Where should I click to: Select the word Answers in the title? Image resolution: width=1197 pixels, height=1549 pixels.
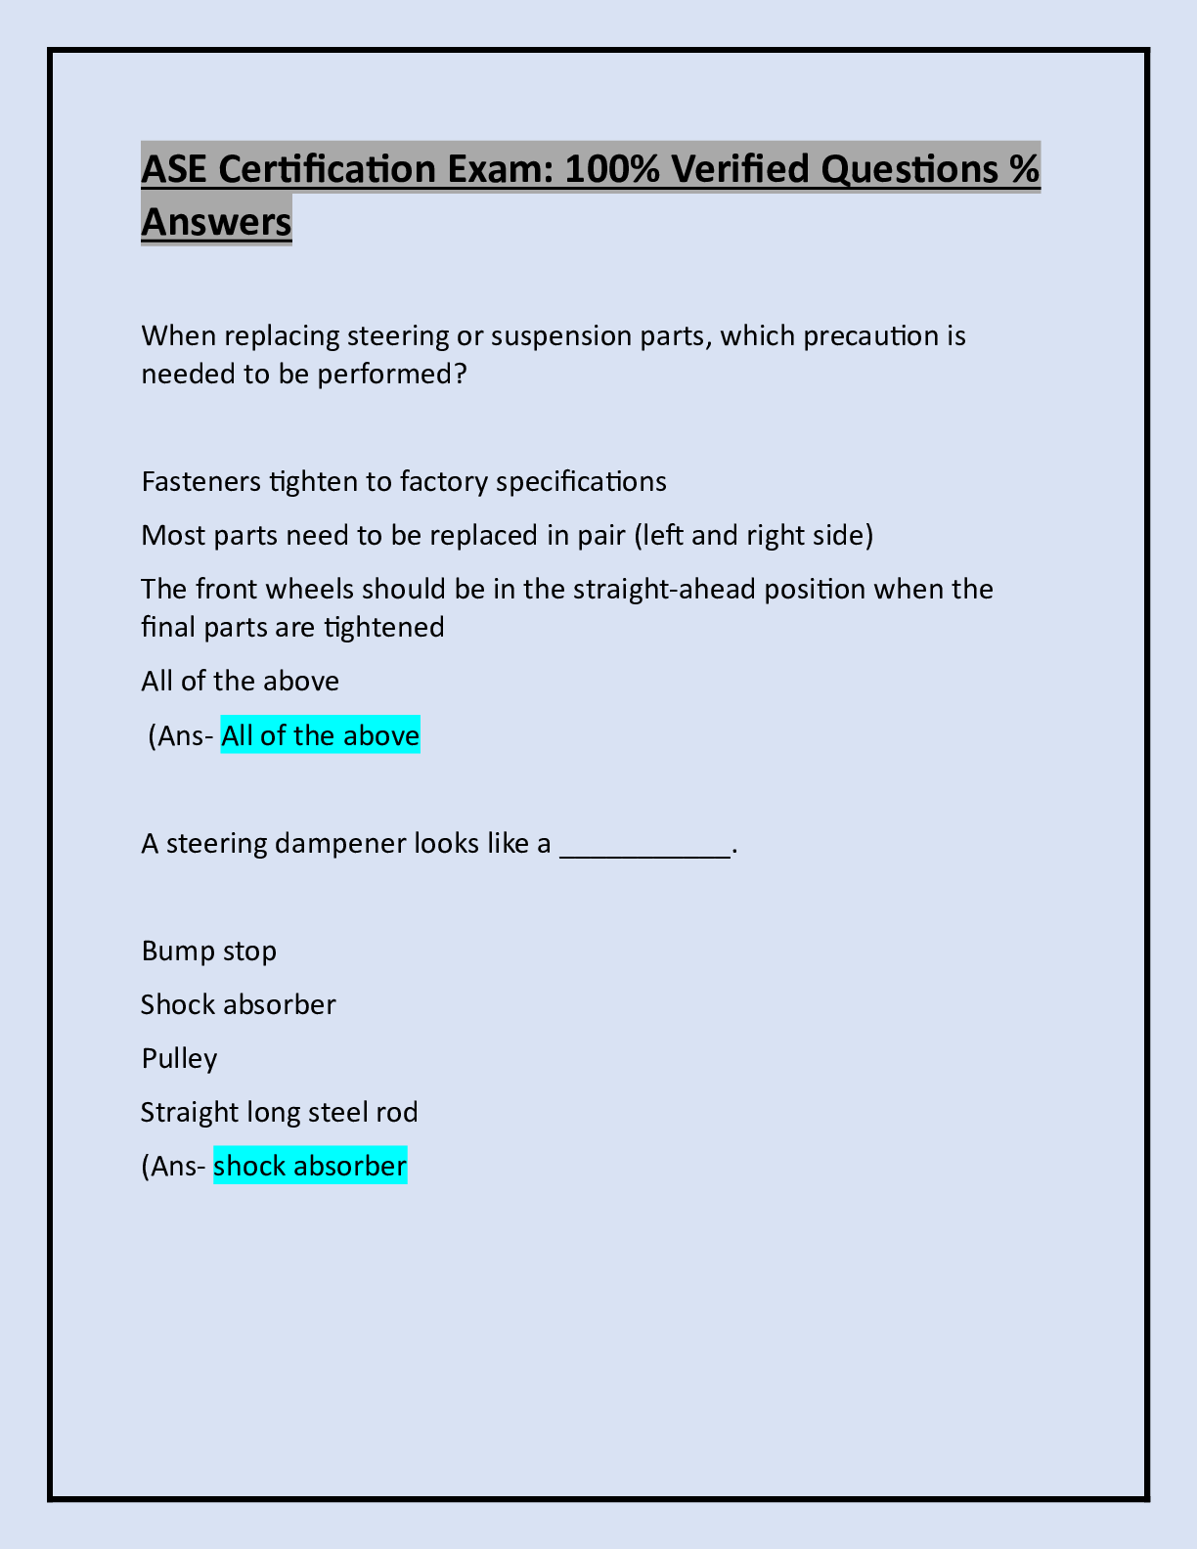pos(216,221)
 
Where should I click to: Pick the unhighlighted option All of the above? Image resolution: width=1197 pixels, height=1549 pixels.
pos(240,682)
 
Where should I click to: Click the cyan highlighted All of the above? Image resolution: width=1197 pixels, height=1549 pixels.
pos(320,735)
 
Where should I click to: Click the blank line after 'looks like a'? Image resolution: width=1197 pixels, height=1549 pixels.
pos(644,847)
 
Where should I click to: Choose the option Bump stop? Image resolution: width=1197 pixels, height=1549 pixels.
pos(208,952)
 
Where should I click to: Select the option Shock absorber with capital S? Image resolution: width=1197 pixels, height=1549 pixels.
pos(238,1005)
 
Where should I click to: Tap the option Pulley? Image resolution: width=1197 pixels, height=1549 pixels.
pos(179,1059)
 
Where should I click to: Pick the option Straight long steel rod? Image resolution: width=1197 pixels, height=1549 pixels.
pos(279,1113)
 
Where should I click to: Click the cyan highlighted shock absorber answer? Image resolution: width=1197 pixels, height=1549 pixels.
pos(309,1167)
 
